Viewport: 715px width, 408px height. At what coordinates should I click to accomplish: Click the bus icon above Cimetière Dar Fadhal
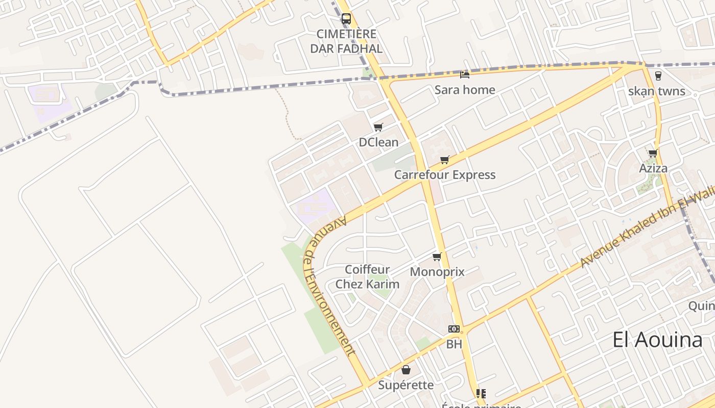346,19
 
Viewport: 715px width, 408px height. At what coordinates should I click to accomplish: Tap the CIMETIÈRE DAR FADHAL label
346,41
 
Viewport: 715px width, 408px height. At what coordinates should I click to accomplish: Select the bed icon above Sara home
465,74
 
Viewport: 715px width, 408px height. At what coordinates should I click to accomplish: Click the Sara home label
465,90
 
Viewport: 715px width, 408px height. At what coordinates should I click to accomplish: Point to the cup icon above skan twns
658,76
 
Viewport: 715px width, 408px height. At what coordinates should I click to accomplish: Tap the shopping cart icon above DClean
378,127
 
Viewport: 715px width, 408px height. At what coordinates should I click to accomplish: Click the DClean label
378,142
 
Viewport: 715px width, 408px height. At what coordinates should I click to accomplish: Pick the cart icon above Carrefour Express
445,160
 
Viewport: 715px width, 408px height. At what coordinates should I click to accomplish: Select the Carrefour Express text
445,175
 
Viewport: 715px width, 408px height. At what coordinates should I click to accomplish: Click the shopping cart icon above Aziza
653,153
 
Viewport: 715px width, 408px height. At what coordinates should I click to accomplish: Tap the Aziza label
653,168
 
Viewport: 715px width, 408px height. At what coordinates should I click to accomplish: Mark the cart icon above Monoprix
437,257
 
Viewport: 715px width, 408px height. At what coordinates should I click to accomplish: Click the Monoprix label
437,272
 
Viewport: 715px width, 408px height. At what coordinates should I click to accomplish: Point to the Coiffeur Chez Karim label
367,277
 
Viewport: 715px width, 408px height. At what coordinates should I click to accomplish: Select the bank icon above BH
454,329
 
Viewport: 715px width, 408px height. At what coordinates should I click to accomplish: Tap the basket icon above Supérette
406,370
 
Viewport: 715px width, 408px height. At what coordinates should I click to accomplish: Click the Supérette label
406,385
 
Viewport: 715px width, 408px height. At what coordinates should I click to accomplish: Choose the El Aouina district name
657,340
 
